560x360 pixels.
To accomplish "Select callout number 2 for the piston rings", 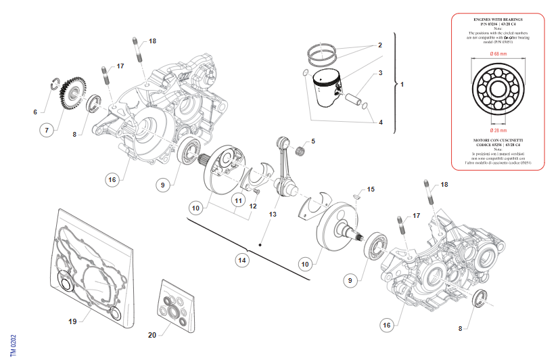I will [x=380, y=45].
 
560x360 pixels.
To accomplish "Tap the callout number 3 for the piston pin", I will [x=380, y=73].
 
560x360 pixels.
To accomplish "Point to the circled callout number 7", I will [x=47, y=129].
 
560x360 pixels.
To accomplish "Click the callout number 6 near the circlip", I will [x=36, y=111].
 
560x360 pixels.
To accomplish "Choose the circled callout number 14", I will [x=241, y=259].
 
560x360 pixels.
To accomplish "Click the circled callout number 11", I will [x=238, y=201].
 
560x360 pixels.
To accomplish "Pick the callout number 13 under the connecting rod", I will [x=272, y=215].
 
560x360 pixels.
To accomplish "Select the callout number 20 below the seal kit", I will [x=152, y=335].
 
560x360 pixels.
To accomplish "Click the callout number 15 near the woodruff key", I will [x=370, y=189].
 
